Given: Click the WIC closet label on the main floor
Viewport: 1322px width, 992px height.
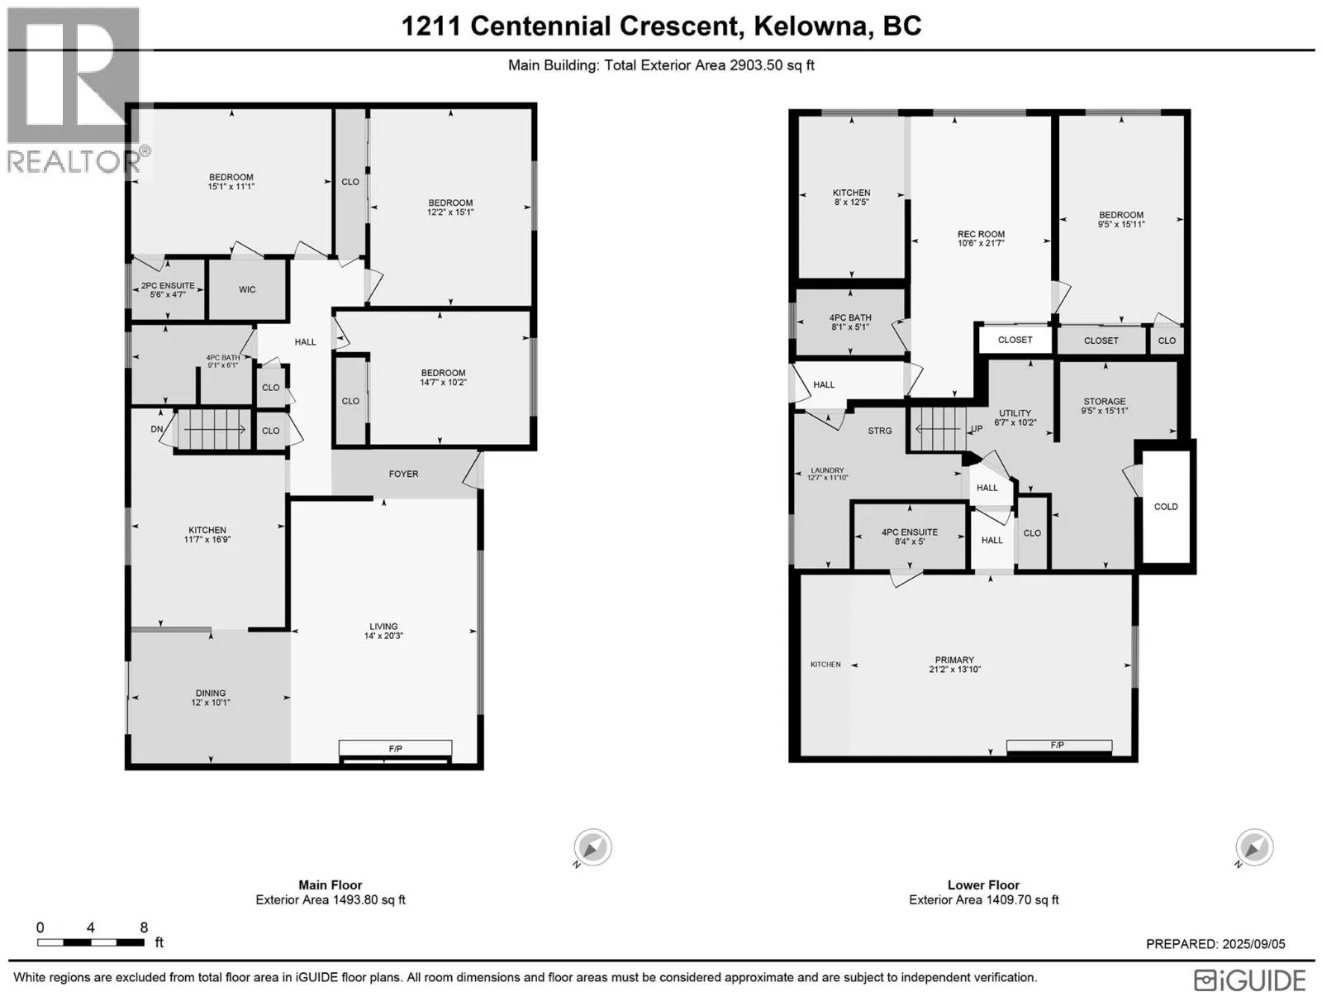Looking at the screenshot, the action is [x=247, y=289].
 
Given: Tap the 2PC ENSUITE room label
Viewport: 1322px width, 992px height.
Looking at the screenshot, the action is [x=168, y=285].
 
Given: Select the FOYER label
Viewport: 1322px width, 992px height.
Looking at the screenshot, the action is [x=403, y=474].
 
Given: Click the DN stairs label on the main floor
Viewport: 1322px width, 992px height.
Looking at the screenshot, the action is [x=157, y=429].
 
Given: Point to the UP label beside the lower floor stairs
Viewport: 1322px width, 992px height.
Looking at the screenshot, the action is [x=977, y=429].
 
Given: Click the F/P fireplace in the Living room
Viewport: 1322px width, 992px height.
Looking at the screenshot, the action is [x=395, y=748].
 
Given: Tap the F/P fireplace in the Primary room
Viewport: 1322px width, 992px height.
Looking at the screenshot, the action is [x=1058, y=746].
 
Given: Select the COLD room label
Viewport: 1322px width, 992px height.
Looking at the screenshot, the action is [x=1165, y=507].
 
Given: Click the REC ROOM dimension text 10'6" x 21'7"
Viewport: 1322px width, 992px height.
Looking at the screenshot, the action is [x=981, y=243].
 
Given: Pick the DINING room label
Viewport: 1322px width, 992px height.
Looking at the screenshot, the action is [x=211, y=694].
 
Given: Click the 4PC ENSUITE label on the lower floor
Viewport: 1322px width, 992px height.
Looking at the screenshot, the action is [x=910, y=532].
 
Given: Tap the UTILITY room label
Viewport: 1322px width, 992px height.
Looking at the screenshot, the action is [x=1015, y=413].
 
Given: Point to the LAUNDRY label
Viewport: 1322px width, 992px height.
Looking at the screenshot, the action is [x=827, y=470].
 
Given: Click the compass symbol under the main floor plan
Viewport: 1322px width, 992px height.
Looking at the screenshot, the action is [x=592, y=847].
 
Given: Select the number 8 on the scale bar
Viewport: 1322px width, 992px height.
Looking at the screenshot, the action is [x=144, y=927].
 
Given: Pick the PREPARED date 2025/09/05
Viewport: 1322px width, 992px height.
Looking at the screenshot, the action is [x=1253, y=944].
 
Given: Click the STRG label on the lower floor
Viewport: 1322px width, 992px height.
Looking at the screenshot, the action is [x=879, y=431].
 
